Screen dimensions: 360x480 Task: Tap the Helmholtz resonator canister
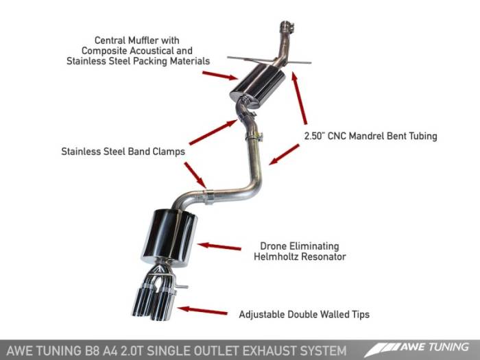coord(169,237)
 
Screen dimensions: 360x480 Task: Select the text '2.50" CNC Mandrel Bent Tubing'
coord(370,136)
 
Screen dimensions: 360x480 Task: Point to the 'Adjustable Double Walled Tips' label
coord(304,315)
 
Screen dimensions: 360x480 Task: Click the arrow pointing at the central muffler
coord(224,75)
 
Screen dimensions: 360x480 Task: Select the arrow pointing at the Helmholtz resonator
coord(219,245)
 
